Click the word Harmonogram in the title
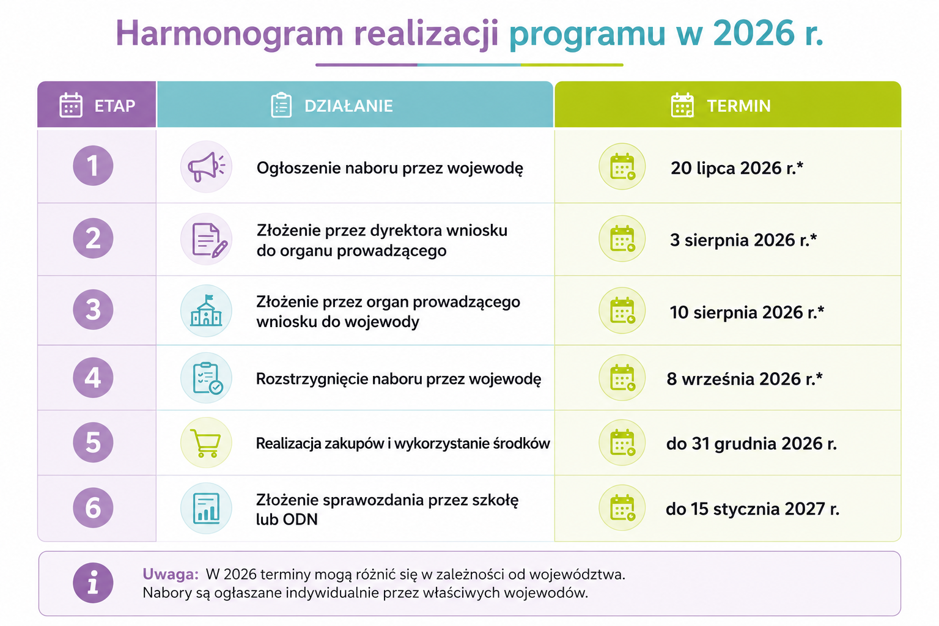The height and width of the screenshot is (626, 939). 229,34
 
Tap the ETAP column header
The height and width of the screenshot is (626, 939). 115,106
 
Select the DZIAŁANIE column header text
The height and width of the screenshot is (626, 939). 348,106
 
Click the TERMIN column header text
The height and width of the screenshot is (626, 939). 738,106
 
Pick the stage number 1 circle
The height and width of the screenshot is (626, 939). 93,166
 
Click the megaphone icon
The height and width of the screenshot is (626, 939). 206,166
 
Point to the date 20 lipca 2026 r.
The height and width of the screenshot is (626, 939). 737,168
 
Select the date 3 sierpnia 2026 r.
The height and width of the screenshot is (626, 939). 743,240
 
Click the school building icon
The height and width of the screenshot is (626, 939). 206,311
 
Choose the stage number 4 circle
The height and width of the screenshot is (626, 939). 93,377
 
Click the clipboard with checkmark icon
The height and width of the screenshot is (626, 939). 207,378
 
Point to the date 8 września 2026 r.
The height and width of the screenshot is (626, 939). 745,378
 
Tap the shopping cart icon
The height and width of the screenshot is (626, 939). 205,443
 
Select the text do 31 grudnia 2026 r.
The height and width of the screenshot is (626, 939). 751,444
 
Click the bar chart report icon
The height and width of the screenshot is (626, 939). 206,508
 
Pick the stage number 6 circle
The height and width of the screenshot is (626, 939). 93,507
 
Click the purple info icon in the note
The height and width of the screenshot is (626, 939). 93,583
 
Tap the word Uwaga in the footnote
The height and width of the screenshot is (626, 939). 170,574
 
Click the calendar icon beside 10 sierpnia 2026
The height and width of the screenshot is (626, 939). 622,311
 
